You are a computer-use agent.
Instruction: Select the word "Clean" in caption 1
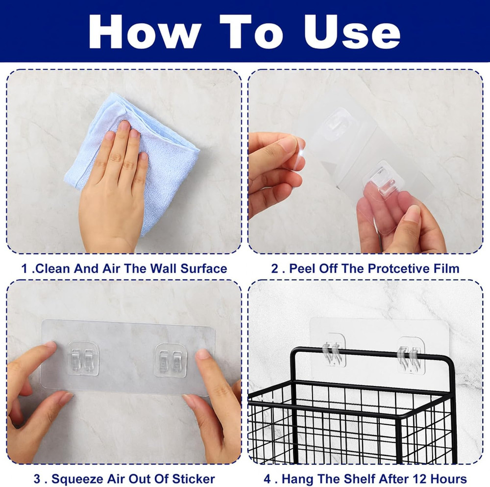(55, 268)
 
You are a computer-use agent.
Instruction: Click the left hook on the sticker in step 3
(83, 359)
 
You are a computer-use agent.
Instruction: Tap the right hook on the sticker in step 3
(171, 359)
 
